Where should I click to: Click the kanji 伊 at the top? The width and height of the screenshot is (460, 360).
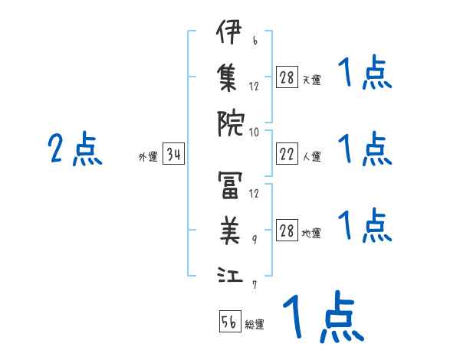229,31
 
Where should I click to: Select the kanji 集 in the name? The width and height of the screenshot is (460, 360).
227,77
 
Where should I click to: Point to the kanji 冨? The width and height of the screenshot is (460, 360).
230,185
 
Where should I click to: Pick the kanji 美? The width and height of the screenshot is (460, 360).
230,231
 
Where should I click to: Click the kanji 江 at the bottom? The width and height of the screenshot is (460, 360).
230,274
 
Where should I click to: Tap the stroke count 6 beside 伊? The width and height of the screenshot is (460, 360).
255,40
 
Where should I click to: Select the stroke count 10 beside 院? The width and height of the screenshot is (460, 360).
254,133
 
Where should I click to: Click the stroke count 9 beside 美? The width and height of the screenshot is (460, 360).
255,240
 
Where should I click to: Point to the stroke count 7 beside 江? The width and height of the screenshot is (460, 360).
255,285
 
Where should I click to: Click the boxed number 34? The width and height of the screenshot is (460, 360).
173,153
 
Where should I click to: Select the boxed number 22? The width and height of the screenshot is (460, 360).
287,153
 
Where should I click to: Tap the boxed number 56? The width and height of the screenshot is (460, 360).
230,321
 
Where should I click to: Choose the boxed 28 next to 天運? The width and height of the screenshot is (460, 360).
287,77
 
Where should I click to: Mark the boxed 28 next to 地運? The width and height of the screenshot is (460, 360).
287,230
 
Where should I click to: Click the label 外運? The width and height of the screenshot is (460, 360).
148,156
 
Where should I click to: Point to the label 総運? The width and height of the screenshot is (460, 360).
255,324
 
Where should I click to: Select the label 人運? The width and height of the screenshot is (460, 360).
312,156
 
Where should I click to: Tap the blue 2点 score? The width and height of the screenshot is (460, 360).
75,148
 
